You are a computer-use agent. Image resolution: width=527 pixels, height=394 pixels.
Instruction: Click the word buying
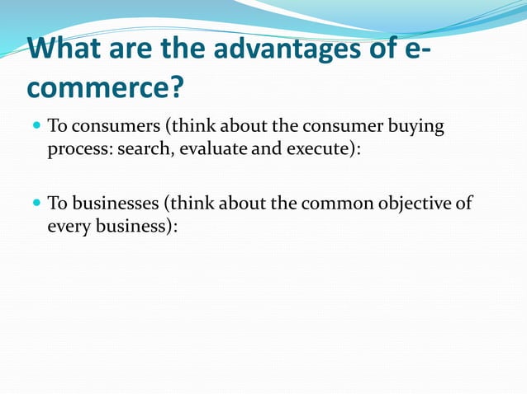click(415, 128)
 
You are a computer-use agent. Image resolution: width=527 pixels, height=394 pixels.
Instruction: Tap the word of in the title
click(392, 49)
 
